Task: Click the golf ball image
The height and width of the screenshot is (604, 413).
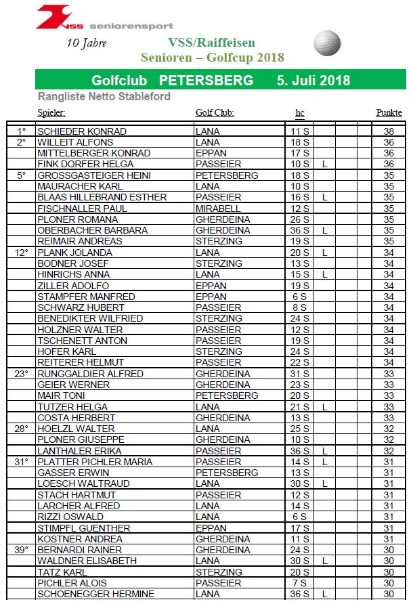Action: tap(328, 42)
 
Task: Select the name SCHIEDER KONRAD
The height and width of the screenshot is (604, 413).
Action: tap(82, 131)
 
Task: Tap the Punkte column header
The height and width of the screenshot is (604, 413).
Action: tap(389, 113)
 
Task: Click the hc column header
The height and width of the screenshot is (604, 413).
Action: tap(300, 113)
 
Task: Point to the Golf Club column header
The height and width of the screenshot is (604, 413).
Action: tap(215, 113)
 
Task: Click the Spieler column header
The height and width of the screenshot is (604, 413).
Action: tap(51, 113)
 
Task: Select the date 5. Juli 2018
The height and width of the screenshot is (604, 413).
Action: tap(313, 81)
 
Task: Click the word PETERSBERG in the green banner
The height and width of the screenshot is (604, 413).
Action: tap(206, 81)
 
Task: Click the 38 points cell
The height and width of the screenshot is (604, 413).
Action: tap(389, 131)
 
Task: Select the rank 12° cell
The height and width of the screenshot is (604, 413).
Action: tap(22, 253)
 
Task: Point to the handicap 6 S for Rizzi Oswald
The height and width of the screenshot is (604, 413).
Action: tap(300, 517)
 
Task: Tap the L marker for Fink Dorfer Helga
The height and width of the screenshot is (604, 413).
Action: tap(325, 165)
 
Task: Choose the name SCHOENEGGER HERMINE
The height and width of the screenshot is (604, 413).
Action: tap(95, 594)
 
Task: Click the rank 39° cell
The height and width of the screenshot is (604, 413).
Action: tap(22, 550)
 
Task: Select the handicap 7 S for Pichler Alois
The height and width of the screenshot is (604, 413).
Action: tap(300, 583)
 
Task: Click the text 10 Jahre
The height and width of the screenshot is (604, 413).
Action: tap(87, 43)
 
